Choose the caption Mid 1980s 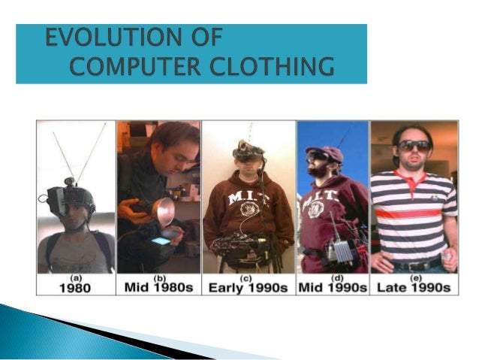pyautogui.click(x=158, y=287)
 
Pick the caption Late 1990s pyautogui.click(x=414, y=287)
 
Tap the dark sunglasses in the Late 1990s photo pyautogui.click(x=414, y=144)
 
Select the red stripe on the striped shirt pyautogui.click(x=414, y=213)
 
